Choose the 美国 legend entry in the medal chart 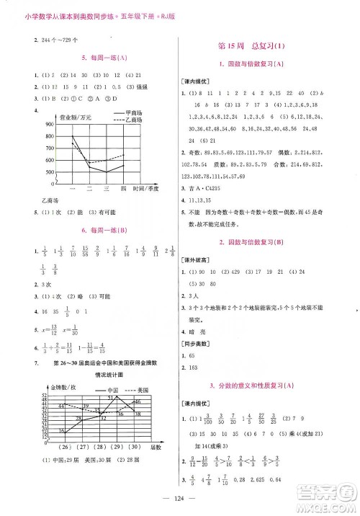tap(132, 388)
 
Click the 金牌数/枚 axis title tap(48, 388)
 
